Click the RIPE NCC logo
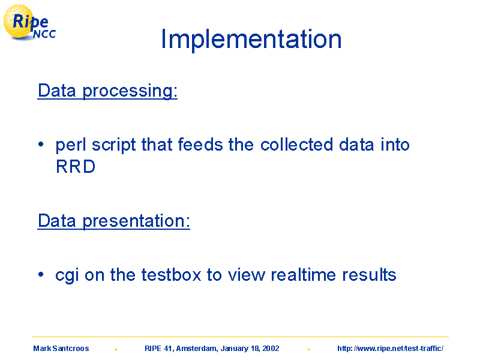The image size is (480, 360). [29, 23]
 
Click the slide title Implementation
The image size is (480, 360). [251, 39]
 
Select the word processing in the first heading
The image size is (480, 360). [130, 91]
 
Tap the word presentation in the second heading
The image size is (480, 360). [136, 221]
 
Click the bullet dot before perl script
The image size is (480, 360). [41, 144]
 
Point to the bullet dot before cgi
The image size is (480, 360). [41, 274]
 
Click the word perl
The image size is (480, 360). [71, 145]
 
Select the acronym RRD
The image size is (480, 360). [76, 167]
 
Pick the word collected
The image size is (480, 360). [296, 145]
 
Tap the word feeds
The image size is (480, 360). [200, 145]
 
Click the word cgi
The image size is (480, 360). [67, 275]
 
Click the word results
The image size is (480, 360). [369, 275]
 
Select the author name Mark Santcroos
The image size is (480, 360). [61, 349]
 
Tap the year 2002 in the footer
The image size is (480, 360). [271, 349]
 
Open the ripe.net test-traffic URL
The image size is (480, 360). [391, 349]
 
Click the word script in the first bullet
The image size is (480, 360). [114, 145]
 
